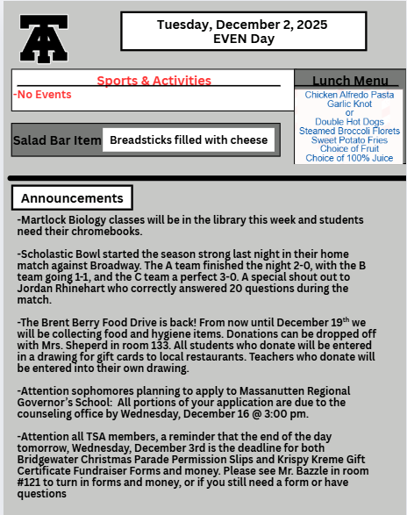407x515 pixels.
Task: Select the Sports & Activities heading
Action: click(x=154, y=81)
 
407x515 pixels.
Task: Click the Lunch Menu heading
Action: click(x=349, y=80)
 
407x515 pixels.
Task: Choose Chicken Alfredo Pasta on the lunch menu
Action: click(x=349, y=94)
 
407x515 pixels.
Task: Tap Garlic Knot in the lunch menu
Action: click(x=349, y=104)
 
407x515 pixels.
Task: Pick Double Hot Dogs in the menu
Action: click(x=349, y=122)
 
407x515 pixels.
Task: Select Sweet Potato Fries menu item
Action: click(x=349, y=139)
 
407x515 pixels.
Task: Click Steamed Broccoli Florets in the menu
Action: click(x=349, y=131)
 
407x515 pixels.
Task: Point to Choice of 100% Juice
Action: click(x=349, y=158)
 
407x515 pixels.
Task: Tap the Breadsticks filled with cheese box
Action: click(x=189, y=140)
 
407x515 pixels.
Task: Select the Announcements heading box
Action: click(x=73, y=198)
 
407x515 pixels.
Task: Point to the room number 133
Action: click(x=156, y=345)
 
